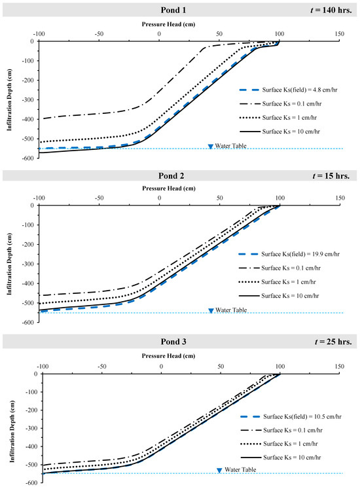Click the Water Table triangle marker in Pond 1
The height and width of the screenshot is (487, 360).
(x=210, y=146)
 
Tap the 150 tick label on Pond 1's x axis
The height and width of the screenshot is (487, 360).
(x=339, y=35)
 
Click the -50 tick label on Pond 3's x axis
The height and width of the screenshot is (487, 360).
(x=102, y=367)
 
